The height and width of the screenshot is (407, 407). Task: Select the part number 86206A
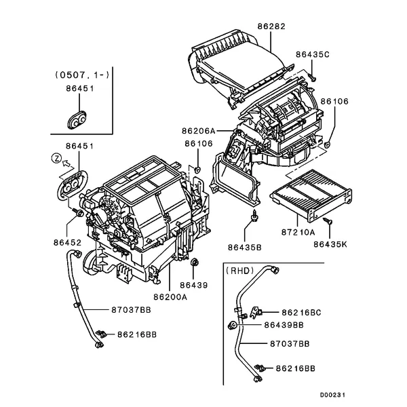pos(198,130)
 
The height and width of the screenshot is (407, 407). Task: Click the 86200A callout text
pos(170,296)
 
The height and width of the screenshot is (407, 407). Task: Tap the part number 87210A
pos(298,232)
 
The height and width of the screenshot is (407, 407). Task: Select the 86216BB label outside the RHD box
pos(137,334)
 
